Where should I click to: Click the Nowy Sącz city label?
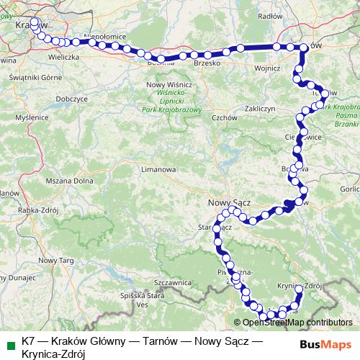pyautogui.click(x=228, y=203)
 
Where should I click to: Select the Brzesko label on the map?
pyautogui.click(x=207, y=63)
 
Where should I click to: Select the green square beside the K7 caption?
pyautogui.click(x=9, y=343)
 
